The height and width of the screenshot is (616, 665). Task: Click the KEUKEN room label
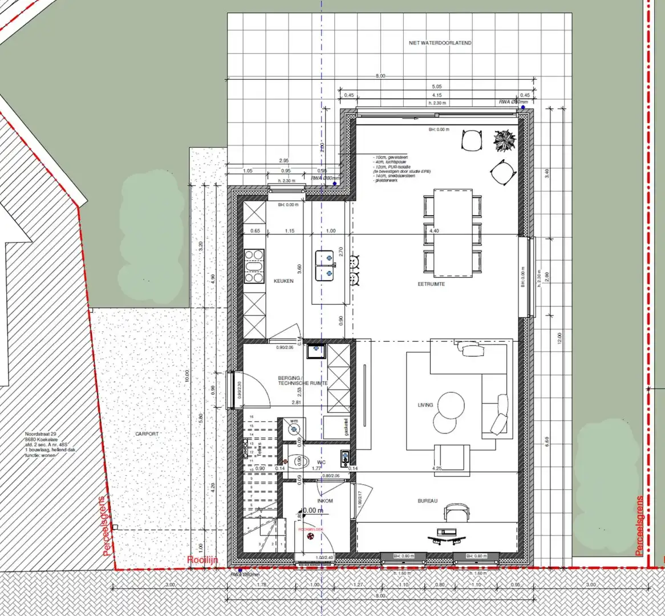(x=283, y=281)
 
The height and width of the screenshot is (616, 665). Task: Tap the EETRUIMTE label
(x=431, y=283)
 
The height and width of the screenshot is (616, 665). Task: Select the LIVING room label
(x=425, y=405)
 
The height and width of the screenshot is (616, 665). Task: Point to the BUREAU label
(x=427, y=501)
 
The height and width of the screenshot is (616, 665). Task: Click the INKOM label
(x=325, y=501)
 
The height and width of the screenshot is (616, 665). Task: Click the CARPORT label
(x=147, y=434)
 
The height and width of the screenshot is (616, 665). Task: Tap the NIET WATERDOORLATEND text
(x=440, y=43)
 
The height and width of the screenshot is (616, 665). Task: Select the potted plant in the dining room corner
(x=505, y=141)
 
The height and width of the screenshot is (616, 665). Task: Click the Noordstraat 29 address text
(x=41, y=434)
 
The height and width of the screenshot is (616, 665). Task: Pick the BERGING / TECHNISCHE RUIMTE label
(x=302, y=380)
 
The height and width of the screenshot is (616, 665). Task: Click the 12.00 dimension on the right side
(x=560, y=338)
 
